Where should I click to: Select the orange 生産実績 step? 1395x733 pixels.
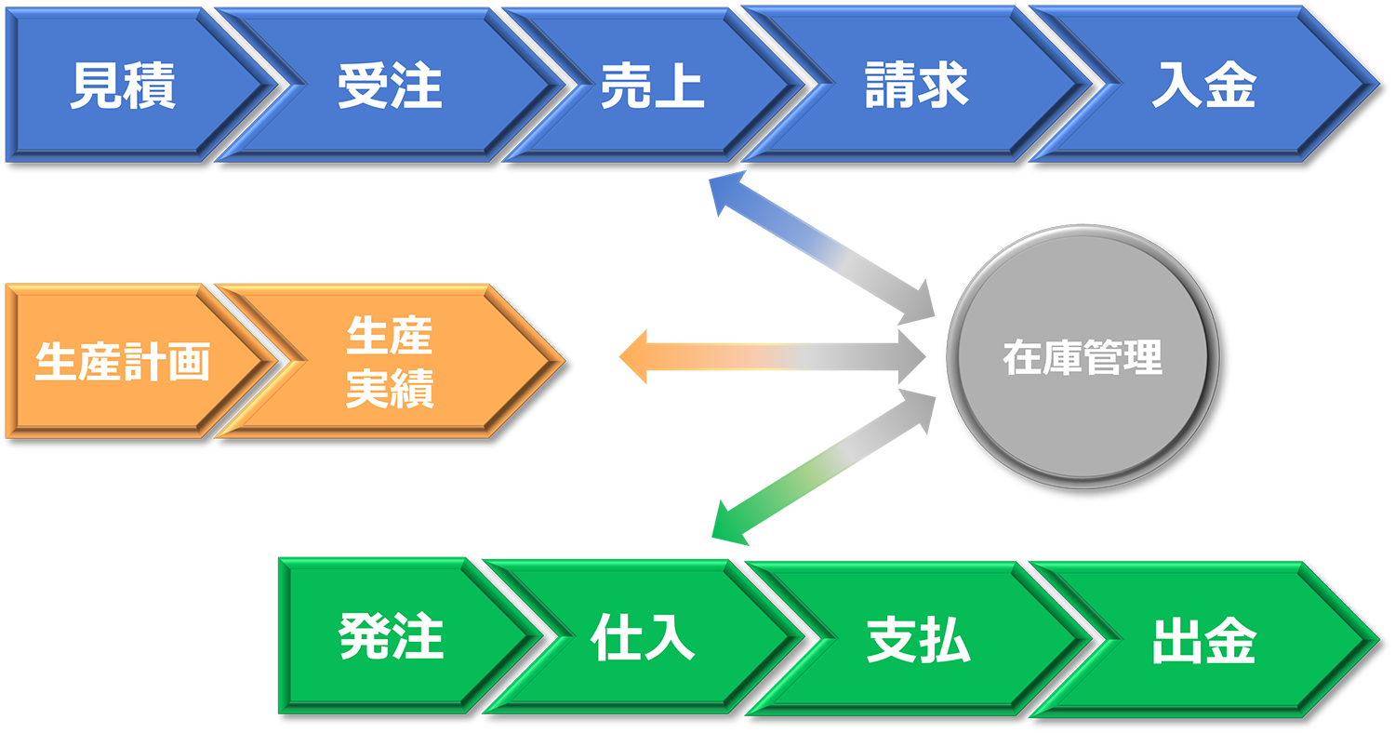[391, 361]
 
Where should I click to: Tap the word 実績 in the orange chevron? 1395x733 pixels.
[390, 390]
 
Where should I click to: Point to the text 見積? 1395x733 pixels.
[123, 86]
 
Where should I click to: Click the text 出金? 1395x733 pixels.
[1204, 641]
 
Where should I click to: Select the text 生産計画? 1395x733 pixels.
[122, 362]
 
